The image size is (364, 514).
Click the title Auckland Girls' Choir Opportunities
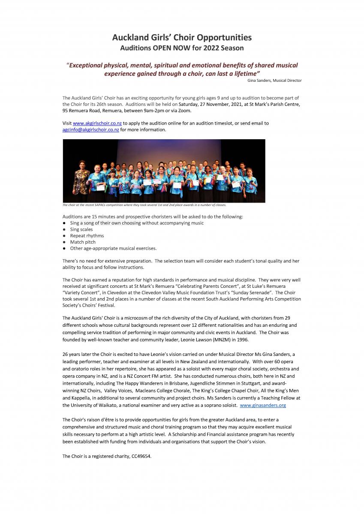(x=182, y=38)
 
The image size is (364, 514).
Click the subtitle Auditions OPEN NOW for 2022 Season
(x=182, y=48)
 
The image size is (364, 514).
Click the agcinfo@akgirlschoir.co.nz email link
(x=90, y=130)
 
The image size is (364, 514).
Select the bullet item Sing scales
(x=81, y=229)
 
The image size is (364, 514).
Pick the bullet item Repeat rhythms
(x=87, y=236)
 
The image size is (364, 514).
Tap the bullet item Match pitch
(x=83, y=242)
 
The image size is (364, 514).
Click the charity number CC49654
(x=140, y=456)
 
